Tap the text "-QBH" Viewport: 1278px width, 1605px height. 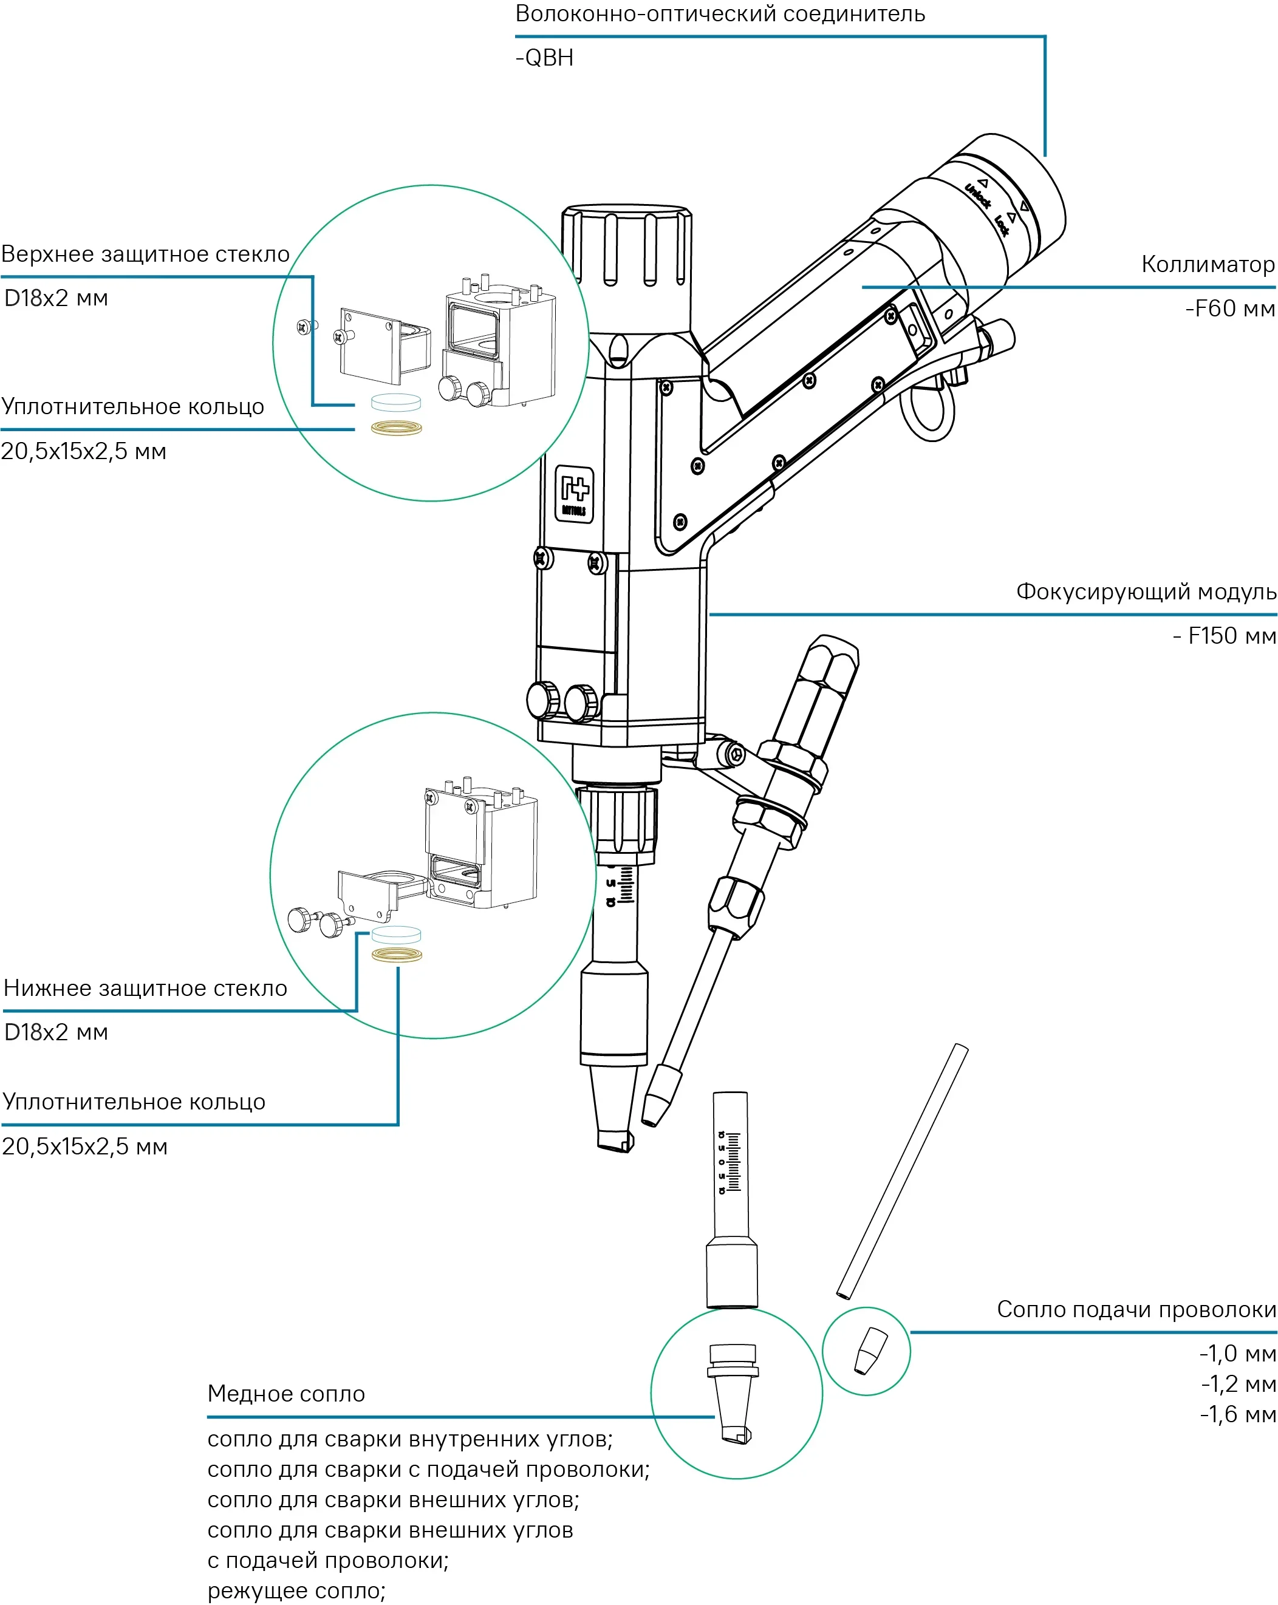click(x=544, y=58)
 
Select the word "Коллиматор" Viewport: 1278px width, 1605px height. click(x=1208, y=264)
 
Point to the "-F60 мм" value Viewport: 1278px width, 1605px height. click(x=1229, y=308)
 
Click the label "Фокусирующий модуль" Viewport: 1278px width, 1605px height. click(x=1146, y=592)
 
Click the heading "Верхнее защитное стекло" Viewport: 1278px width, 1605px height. click(x=145, y=254)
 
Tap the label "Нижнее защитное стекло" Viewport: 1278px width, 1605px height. click(x=145, y=989)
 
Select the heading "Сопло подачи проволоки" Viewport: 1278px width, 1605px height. click(x=1136, y=1309)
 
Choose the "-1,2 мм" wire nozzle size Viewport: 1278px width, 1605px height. click(x=1239, y=1384)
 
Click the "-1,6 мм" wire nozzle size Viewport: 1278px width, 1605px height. click(x=1238, y=1414)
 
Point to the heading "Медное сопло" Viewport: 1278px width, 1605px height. click(x=286, y=1394)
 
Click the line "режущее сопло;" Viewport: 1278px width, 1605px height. click(x=296, y=1591)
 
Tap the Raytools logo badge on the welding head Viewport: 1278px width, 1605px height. click(x=574, y=494)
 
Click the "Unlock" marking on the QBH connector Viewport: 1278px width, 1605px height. click(x=978, y=195)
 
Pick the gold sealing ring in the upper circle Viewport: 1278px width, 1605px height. click(x=396, y=428)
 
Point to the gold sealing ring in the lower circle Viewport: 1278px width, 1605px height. click(x=396, y=955)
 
